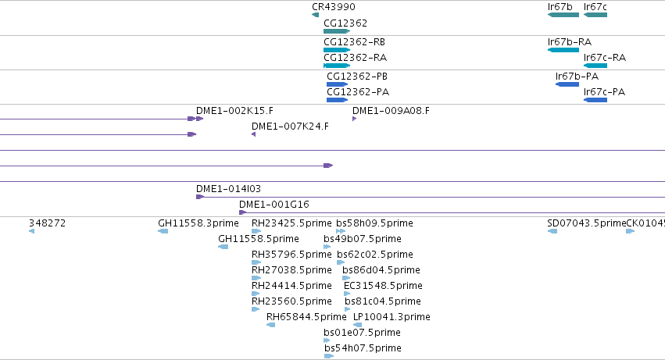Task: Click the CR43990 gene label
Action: tap(334, 7)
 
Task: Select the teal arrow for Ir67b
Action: tap(563, 15)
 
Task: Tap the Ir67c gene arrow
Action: tap(595, 15)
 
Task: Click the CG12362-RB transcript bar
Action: tap(337, 50)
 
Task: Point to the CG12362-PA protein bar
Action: tap(337, 100)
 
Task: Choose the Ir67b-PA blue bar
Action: tap(567, 84)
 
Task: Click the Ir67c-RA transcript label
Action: tap(604, 58)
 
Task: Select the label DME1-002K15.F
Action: tap(234, 111)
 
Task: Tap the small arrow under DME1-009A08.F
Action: tap(354, 119)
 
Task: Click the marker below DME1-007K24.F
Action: tap(254, 134)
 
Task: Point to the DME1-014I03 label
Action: tap(228, 189)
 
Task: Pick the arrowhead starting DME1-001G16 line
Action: tap(242, 212)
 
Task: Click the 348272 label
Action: tap(47, 223)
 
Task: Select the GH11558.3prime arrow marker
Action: tap(163, 231)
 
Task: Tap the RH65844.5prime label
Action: tap(306, 317)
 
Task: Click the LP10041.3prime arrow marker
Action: tap(358, 325)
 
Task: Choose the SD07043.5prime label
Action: tap(587, 223)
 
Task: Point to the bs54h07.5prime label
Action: tap(363, 348)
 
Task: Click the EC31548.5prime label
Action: tap(383, 286)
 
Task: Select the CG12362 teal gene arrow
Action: tap(337, 31)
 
